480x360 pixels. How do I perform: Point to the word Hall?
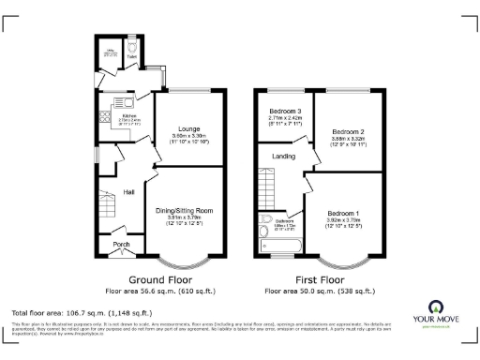pyautogui.click(x=130, y=192)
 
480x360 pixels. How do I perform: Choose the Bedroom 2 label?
pyautogui.click(x=348, y=131)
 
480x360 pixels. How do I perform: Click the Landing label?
pyautogui.click(x=283, y=157)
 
